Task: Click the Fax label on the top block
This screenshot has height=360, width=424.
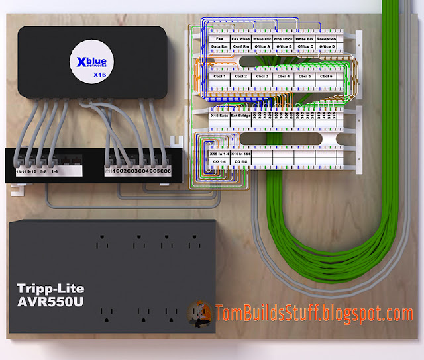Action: pos(219,39)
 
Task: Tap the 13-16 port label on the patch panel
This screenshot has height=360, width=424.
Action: pos(21,172)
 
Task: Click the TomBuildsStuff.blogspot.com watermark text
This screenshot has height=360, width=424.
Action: pos(314,312)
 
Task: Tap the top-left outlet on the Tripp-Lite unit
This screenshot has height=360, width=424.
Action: pos(104,242)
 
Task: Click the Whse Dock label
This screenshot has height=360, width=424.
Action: pos(283,39)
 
